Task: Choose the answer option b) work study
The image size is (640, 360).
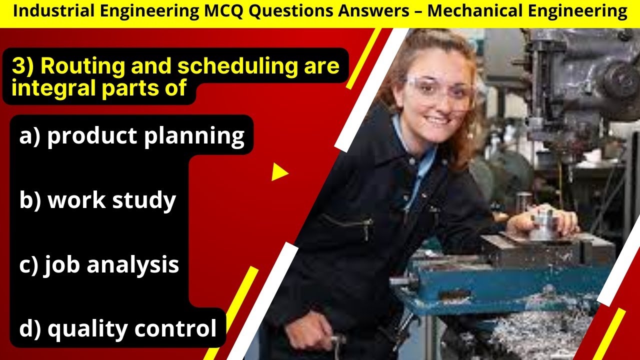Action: pos(97,200)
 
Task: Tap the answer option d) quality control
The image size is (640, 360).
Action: pos(118,328)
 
